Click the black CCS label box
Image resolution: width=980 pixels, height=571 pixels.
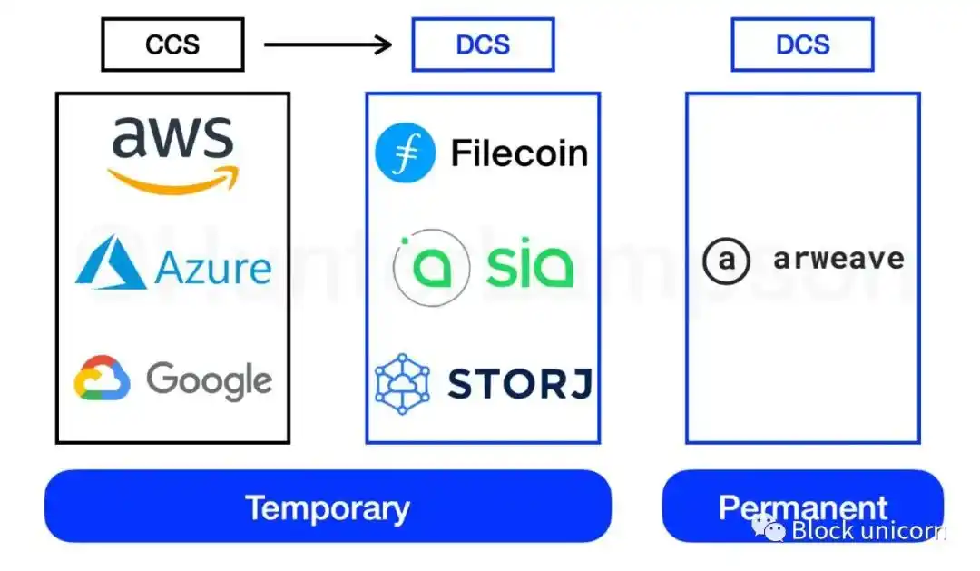(172, 44)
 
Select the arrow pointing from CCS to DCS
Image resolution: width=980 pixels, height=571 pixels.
(328, 44)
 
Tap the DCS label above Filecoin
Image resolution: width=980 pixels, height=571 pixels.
(483, 44)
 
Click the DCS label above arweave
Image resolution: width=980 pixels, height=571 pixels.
(802, 44)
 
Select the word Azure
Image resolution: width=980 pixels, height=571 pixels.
(213, 269)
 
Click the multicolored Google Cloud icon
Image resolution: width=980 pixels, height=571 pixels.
(102, 379)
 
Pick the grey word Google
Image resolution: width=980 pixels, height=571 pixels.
(209, 379)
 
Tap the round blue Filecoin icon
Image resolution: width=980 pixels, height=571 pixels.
(406, 153)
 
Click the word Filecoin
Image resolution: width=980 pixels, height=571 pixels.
(519, 153)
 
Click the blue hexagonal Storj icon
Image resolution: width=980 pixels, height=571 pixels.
(403, 384)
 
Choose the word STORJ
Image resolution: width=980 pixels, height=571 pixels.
(519, 384)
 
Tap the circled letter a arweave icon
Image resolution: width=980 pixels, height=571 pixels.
(727, 261)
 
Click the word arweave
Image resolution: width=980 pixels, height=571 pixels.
(838, 260)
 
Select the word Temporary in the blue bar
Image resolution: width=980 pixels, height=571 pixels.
(328, 507)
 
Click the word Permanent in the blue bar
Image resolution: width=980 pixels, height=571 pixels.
(803, 507)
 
